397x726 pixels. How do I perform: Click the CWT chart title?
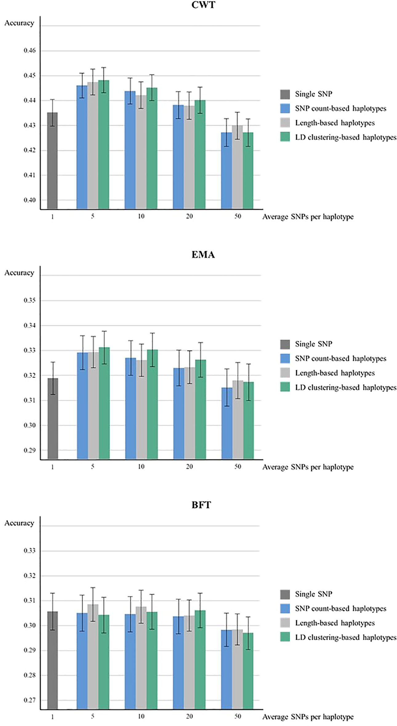coord(203,5)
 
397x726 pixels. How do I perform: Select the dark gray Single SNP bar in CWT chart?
coord(52,160)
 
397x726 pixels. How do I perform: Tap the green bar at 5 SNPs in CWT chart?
coord(104,145)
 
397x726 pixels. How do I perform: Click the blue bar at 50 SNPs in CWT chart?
coord(227,171)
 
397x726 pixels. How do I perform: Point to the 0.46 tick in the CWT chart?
coord(30,51)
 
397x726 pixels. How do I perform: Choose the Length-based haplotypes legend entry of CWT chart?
coord(335,123)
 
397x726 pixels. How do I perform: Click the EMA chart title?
coord(203,255)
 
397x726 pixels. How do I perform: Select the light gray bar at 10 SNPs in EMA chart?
coord(141,410)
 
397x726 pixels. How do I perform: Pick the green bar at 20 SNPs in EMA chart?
coord(200,410)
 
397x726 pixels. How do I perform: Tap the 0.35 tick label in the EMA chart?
coord(30,300)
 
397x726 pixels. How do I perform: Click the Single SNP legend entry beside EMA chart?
coord(313,344)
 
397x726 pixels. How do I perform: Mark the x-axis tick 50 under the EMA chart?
coord(238,467)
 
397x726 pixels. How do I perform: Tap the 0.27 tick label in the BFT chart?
coord(30,700)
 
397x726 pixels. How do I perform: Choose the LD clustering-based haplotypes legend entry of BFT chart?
coord(345,638)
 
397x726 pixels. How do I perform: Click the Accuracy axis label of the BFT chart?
coord(19,523)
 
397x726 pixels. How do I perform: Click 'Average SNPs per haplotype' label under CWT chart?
coord(308,217)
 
